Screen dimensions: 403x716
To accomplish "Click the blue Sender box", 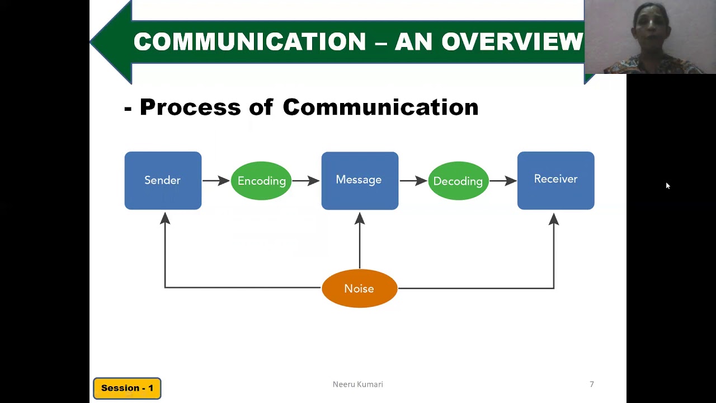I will coord(163,180).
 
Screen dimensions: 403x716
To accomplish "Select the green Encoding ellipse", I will coord(261,181).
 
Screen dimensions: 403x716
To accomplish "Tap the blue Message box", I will coord(360,180).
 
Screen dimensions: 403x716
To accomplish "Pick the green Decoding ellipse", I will coord(458,181).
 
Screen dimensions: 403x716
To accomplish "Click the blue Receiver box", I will coord(555,180).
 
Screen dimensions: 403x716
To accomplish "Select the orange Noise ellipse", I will coord(360,288).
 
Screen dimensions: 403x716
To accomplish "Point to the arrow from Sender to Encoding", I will coord(216,180).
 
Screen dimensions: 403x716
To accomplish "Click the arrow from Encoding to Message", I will coord(305,180).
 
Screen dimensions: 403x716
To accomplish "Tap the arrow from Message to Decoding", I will coord(413,180).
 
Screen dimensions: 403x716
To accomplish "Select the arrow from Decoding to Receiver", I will coord(502,180).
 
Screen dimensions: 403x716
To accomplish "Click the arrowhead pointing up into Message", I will coord(360,218).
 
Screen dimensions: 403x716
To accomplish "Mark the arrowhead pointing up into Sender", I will coord(165,218).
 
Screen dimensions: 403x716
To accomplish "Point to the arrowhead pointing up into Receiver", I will coord(554,218).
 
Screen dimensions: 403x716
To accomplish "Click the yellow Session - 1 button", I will coord(127,388).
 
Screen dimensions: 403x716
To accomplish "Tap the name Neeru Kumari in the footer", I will coord(357,384).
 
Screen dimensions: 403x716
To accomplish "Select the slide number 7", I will coord(591,384).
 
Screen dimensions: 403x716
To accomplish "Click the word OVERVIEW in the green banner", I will coord(512,41).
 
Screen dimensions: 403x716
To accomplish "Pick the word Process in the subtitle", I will coord(190,107).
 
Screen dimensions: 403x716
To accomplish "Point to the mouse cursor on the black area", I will coord(667,185).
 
